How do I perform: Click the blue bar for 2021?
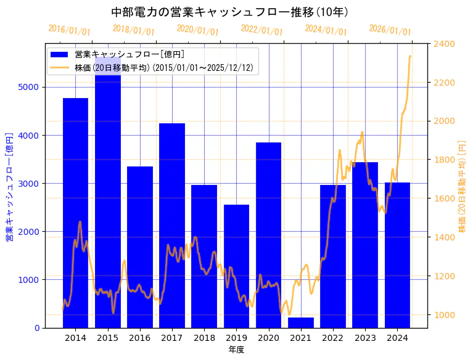[300, 322]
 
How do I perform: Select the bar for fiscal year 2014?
[75, 213]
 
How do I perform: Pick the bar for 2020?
[268, 235]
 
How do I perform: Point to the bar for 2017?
[172, 225]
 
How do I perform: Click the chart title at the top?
[230, 12]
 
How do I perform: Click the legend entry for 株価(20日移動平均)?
[163, 68]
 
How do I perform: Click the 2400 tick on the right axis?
[444, 44]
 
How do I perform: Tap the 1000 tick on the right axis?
[444, 315]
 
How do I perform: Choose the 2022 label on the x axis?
[333, 338]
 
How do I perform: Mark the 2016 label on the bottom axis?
[140, 338]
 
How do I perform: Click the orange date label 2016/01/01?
[69, 30]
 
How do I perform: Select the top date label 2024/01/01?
[326, 30]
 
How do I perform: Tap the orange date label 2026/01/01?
[390, 30]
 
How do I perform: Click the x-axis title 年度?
[236, 350]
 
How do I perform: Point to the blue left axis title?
[9, 186]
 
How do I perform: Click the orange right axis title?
[463, 186]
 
